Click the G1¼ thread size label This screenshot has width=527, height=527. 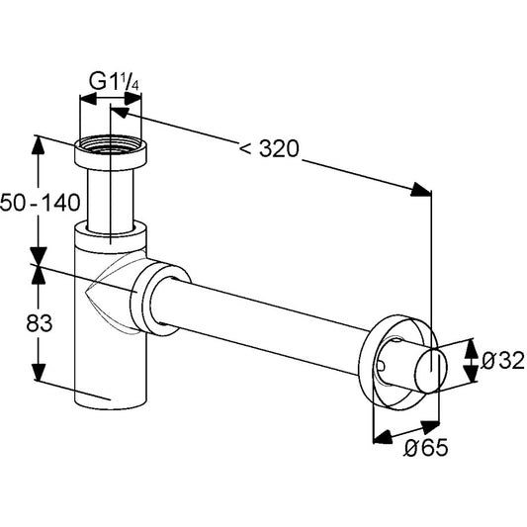pyautogui.click(x=114, y=81)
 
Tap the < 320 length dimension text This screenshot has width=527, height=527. pyautogui.click(x=269, y=148)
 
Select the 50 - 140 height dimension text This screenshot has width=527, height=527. pyautogui.click(x=40, y=203)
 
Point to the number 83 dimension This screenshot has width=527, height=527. pyautogui.click(x=40, y=323)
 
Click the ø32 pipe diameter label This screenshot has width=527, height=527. pyautogui.click(x=503, y=360)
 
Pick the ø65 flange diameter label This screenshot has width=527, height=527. pyautogui.click(x=426, y=447)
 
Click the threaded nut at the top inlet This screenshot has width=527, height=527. pyautogui.click(x=111, y=152)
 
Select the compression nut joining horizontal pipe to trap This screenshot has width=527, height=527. pyautogui.click(x=161, y=300)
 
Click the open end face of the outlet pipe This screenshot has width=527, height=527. pyautogui.click(x=431, y=371)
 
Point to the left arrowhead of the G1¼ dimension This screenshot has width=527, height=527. pyautogui.click(x=88, y=99)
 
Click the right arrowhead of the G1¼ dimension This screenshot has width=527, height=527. pyautogui.click(x=132, y=99)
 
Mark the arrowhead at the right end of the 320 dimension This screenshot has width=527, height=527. pyautogui.click(x=421, y=190)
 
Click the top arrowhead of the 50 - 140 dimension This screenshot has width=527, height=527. pyautogui.click(x=38, y=145)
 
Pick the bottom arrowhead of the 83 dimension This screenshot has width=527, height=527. pyautogui.click(x=39, y=372)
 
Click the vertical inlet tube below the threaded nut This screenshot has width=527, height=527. pyautogui.click(x=111, y=200)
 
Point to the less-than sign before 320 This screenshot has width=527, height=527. pyautogui.click(x=245, y=148)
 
